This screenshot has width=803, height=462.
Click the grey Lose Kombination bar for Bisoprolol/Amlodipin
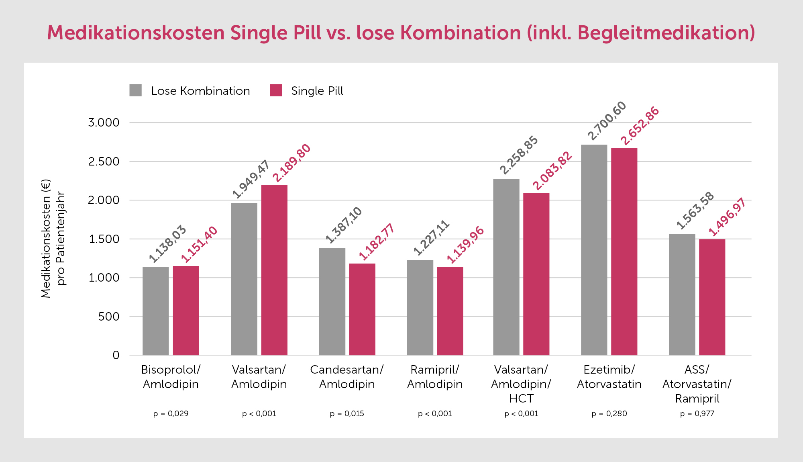coord(156,311)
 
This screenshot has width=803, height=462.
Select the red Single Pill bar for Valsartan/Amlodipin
coord(274,270)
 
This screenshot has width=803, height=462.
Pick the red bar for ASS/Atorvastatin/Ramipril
coord(712,297)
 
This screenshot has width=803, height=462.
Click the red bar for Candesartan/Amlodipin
coord(362,309)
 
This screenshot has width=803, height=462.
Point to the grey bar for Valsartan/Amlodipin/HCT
coord(506,267)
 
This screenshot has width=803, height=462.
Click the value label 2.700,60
coord(607,121)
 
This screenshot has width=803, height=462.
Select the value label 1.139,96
coord(465,245)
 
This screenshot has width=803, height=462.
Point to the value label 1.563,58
coord(695,211)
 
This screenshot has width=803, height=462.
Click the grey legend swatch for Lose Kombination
coord(136,90)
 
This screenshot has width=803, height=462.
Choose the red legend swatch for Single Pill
coord(276,90)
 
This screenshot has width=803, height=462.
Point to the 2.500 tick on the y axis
coord(104,161)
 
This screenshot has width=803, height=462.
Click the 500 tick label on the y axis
coord(108,317)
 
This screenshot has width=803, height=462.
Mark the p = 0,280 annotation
coord(609,414)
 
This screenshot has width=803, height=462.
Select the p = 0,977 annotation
coord(697,414)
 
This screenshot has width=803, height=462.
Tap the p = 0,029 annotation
coord(171,414)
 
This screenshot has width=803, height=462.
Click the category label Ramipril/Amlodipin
coord(435,377)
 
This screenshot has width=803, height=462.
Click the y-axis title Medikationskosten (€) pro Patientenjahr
coord(53,239)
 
